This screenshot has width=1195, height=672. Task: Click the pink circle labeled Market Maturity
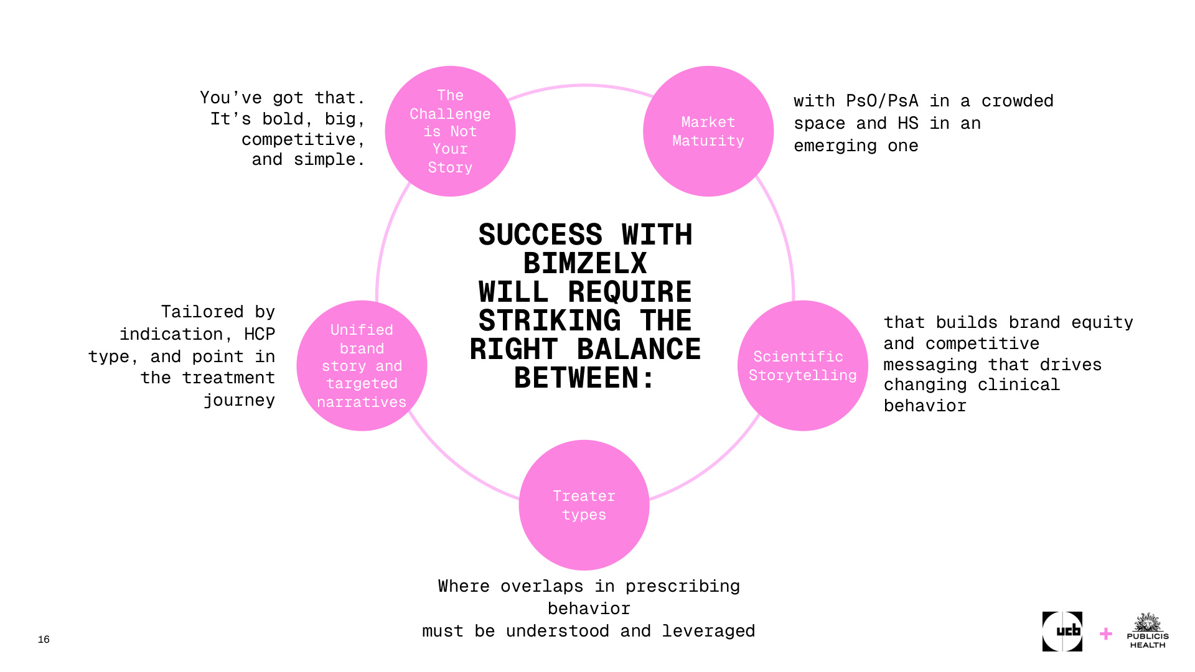click(708, 131)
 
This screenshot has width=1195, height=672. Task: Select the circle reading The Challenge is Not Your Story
click(450, 131)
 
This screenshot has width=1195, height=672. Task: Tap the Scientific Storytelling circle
click(802, 366)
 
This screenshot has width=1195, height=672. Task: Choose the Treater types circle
click(584, 505)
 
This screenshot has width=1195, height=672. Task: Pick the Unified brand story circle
click(362, 366)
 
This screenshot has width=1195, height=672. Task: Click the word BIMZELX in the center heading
click(585, 263)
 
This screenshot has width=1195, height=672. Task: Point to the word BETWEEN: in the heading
click(585, 378)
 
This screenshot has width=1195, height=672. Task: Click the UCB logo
click(1062, 632)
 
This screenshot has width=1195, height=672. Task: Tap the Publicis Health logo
click(1148, 632)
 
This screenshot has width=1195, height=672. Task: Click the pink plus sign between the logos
click(1106, 634)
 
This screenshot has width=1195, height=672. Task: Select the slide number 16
click(44, 640)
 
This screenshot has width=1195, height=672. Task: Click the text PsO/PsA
click(882, 101)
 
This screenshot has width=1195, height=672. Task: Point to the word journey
click(239, 400)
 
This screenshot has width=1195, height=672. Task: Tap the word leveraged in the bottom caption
click(708, 631)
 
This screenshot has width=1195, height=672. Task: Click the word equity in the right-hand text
click(1102, 322)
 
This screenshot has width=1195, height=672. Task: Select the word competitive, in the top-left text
click(303, 139)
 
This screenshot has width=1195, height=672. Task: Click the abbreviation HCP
click(260, 334)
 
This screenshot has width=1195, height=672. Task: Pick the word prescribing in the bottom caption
click(682, 586)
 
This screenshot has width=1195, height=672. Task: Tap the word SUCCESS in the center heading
click(540, 235)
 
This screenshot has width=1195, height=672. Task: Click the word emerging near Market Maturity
click(835, 146)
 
